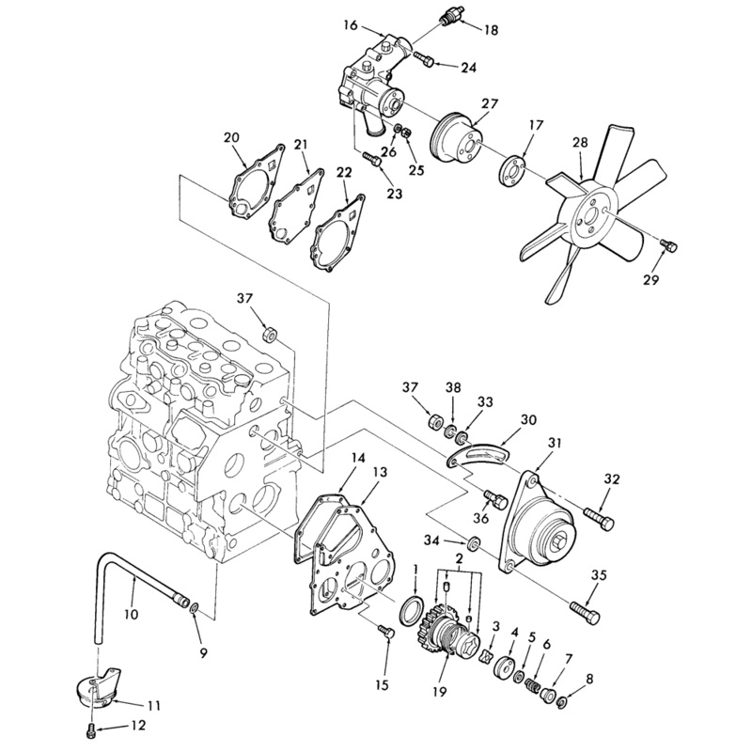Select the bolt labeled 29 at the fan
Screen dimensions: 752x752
pyautogui.click(x=668, y=245)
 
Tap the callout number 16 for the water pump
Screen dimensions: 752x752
pyautogui.click(x=351, y=25)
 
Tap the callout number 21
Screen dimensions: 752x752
pyautogui.click(x=301, y=145)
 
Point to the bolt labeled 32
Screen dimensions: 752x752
pyautogui.click(x=599, y=519)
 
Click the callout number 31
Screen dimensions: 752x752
pyautogui.click(x=555, y=442)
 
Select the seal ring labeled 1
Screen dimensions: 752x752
pyautogui.click(x=412, y=611)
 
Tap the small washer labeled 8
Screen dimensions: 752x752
pyautogui.click(x=563, y=703)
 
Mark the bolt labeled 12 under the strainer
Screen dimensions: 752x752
pyautogui.click(x=89, y=731)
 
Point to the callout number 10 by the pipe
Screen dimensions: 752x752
pyautogui.click(x=131, y=614)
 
